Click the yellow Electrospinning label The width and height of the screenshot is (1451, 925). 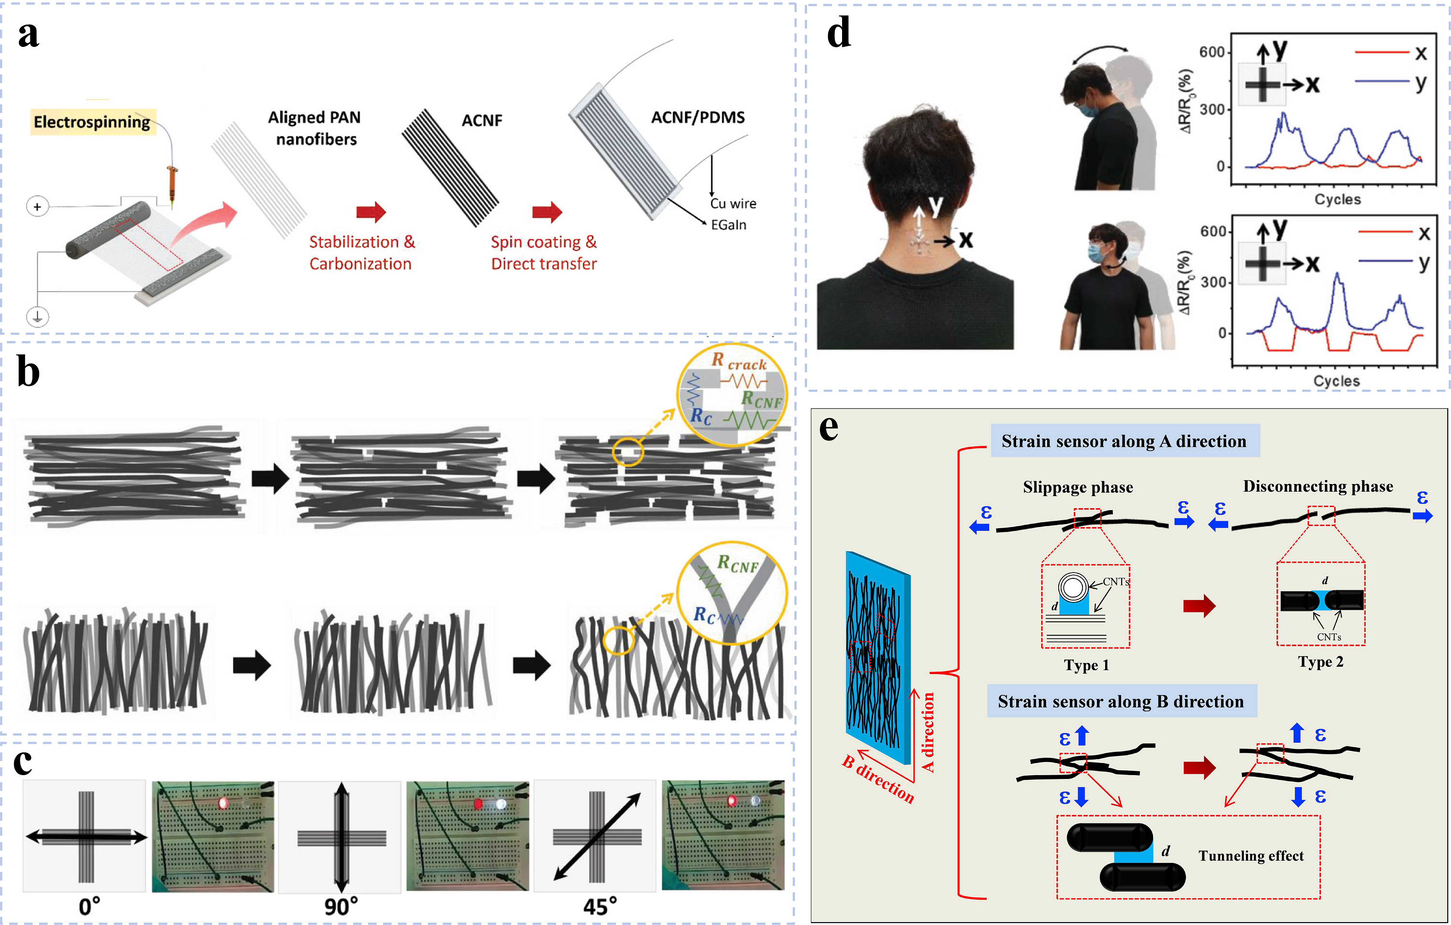coord(93,122)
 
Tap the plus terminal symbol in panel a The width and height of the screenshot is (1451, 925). coord(37,206)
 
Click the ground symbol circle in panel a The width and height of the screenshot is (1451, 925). coord(37,316)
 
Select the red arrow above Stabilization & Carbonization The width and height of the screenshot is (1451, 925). coord(371,212)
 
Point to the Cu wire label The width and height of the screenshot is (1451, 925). coord(733,204)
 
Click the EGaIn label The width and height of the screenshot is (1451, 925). coord(728,225)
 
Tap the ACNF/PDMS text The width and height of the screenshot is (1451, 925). coord(698,117)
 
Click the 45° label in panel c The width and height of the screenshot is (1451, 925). coord(600,906)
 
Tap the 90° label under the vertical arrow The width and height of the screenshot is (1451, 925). coord(341,906)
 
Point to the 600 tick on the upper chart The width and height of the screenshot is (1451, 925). coord(1212,52)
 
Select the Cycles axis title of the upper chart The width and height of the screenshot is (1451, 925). coord(1338,199)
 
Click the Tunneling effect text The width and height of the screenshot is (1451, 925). coord(1251,856)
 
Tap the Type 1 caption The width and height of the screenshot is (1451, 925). coord(1086,665)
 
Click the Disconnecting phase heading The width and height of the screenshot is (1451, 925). coord(1318,486)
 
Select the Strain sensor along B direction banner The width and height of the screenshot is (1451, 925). coord(1122,701)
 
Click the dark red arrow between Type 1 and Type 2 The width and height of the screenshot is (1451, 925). coord(1199,605)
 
